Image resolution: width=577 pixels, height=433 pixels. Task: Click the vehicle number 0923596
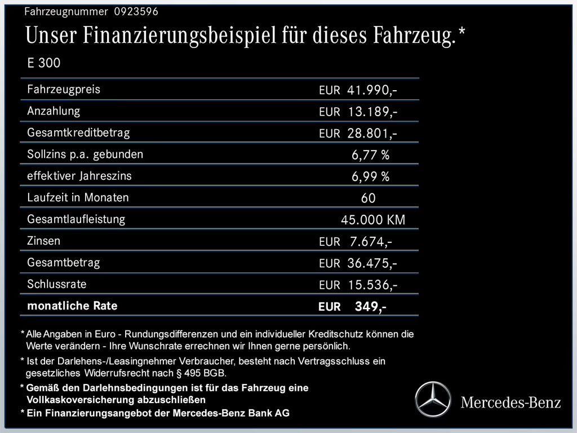pyautogui.click(x=135, y=11)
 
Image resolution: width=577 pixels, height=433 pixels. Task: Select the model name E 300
pyautogui.click(x=43, y=63)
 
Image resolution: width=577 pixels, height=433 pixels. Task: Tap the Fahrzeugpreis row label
pyautogui.click(x=63, y=89)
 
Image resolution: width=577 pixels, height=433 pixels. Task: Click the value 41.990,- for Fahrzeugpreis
pyautogui.click(x=372, y=90)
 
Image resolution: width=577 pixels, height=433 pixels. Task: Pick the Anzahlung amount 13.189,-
pyautogui.click(x=372, y=112)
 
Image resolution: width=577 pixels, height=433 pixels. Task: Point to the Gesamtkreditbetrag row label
pyautogui.click(x=78, y=132)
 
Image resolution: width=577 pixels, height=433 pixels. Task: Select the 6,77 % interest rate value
pyautogui.click(x=370, y=155)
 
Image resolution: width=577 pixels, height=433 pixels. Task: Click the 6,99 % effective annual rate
pyautogui.click(x=370, y=176)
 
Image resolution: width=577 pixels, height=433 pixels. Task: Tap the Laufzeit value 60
pyautogui.click(x=368, y=198)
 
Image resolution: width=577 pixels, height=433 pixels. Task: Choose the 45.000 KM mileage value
pyautogui.click(x=373, y=220)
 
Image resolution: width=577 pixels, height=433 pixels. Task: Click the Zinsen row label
pyautogui.click(x=43, y=241)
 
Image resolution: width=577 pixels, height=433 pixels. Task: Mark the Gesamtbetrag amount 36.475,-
pyautogui.click(x=372, y=263)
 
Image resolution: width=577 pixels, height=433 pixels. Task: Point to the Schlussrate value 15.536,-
pyautogui.click(x=372, y=285)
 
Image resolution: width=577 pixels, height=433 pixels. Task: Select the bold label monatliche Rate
pyautogui.click(x=72, y=306)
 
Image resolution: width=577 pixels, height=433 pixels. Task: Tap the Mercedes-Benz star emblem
pyautogui.click(x=433, y=399)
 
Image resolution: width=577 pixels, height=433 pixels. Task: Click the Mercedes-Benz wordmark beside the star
pyautogui.click(x=511, y=402)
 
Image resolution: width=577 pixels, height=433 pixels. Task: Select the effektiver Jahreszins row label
pyautogui.click(x=79, y=175)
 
